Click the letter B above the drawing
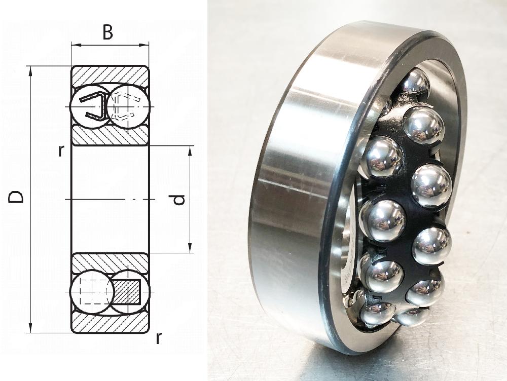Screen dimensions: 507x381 click(x=107, y=32)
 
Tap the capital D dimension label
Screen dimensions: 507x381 click(x=16, y=197)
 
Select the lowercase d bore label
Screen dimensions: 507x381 click(x=179, y=200)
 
